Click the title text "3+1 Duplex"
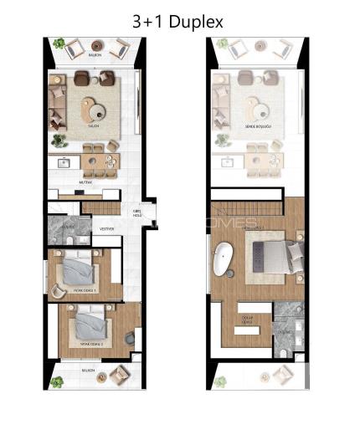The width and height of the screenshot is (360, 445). point(177,22)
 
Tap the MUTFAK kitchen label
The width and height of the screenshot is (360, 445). point(85,180)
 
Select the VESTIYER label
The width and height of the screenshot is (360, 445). point(106,228)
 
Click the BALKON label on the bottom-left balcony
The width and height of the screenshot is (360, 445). point(88,369)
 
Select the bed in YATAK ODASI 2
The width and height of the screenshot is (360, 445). point(90,325)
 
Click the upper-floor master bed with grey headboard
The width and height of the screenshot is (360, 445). point(270,256)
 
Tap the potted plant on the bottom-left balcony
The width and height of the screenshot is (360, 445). point(57,382)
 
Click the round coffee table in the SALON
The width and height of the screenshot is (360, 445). point(94,110)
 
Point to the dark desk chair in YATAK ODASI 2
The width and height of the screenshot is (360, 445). point(129,339)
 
